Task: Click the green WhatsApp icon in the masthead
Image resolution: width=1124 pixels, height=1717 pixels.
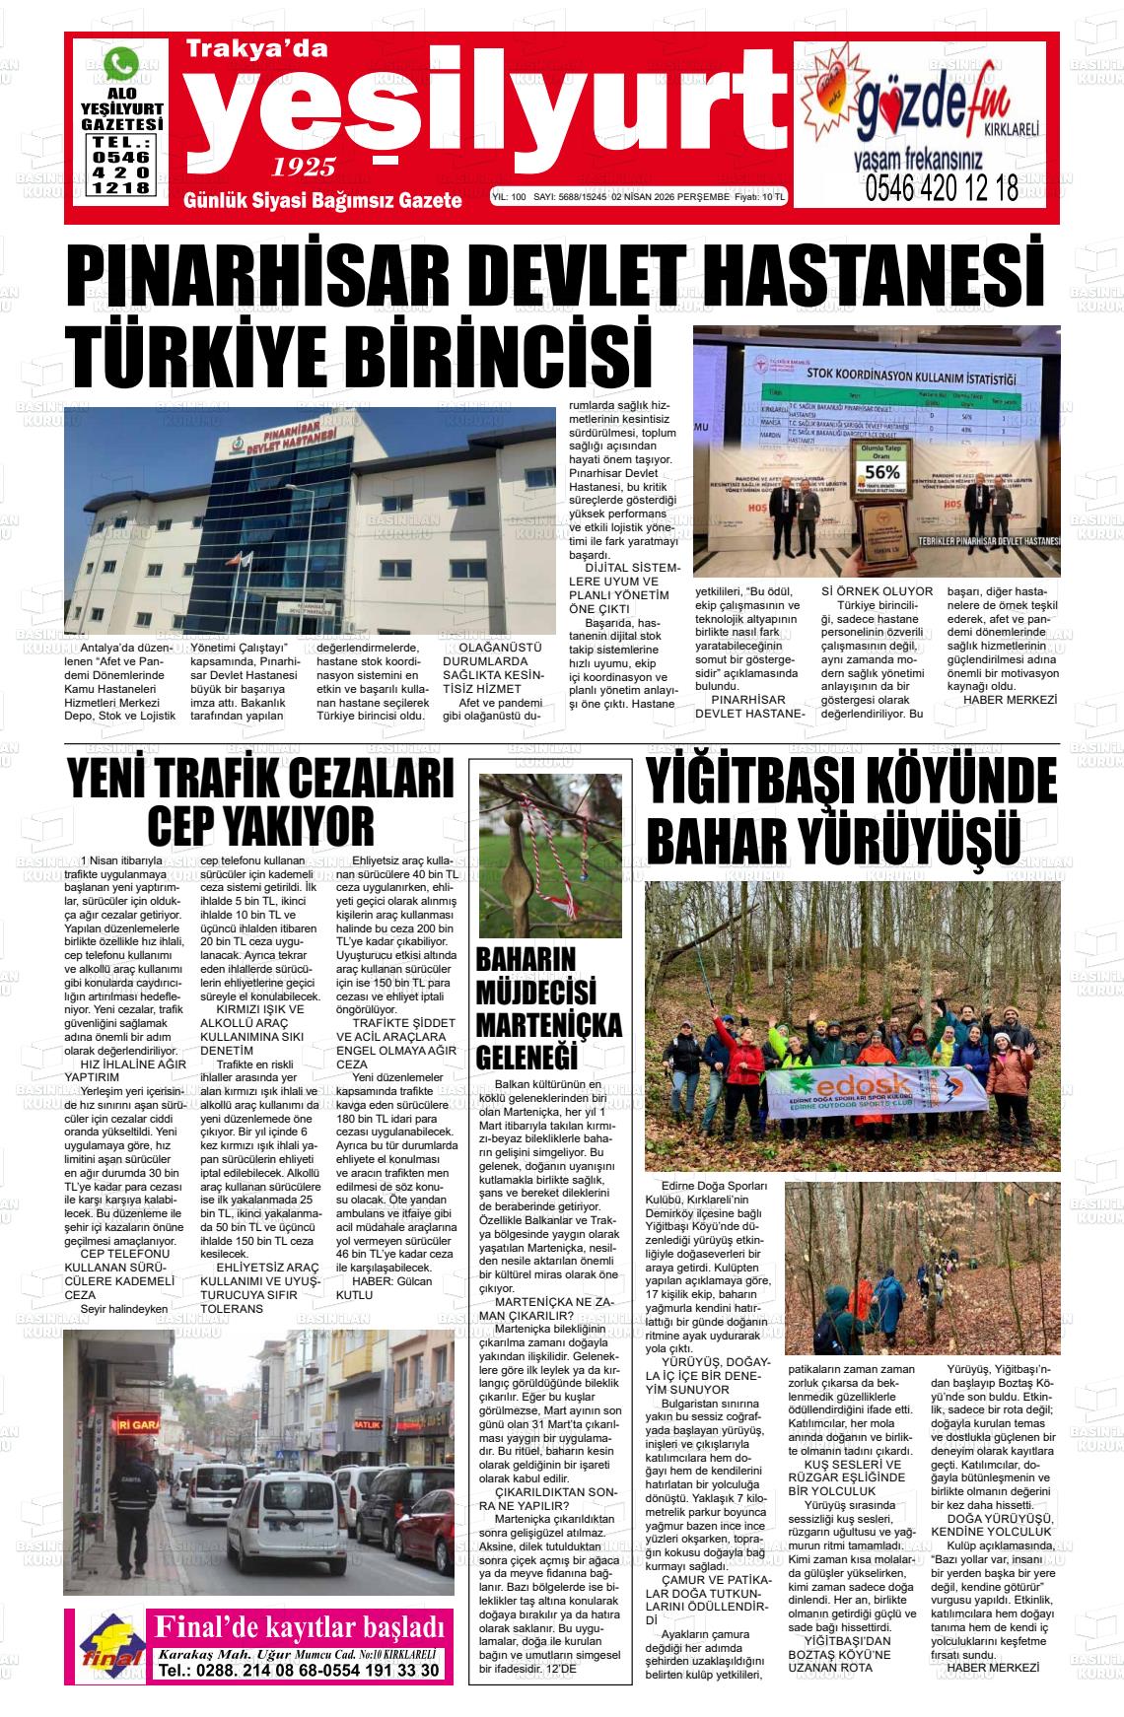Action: tap(121, 64)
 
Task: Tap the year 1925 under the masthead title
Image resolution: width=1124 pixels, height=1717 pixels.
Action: tap(305, 166)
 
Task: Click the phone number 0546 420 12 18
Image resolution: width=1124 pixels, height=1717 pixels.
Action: tap(942, 187)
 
